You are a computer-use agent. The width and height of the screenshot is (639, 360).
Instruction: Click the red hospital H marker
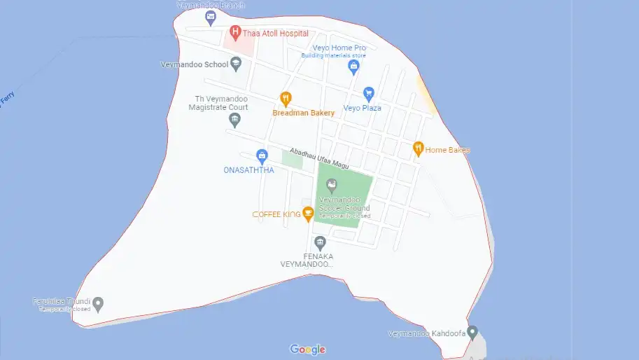(x=235, y=32)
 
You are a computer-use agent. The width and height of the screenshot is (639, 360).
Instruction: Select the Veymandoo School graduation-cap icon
(x=237, y=64)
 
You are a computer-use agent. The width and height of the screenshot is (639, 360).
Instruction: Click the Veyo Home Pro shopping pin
(x=353, y=67)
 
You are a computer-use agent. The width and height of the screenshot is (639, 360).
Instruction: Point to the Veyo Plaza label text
(x=362, y=109)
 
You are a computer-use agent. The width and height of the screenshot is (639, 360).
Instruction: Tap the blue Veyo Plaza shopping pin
(x=369, y=93)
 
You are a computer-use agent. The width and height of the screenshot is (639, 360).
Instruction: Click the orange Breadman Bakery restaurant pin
(x=285, y=98)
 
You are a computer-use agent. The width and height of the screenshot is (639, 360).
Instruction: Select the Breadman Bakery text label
(x=303, y=113)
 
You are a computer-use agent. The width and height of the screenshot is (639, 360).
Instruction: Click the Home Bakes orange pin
(x=419, y=148)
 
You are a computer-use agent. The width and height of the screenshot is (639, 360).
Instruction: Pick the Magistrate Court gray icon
(x=235, y=120)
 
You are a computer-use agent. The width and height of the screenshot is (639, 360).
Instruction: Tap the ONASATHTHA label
(x=248, y=169)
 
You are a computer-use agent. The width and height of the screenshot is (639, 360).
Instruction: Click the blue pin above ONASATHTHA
(x=262, y=155)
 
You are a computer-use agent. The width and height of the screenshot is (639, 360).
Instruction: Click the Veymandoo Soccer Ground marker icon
(x=332, y=185)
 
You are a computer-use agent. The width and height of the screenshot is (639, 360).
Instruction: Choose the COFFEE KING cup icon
(x=307, y=214)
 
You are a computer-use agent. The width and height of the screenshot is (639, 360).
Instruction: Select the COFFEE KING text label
(x=276, y=214)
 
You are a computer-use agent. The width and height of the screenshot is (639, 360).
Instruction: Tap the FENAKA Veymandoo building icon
(x=321, y=243)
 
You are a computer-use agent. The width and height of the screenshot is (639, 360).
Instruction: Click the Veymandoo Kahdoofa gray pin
(x=472, y=331)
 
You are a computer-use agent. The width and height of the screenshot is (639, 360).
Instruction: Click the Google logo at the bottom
(x=308, y=349)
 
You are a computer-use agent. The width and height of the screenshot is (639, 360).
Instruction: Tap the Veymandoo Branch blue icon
(x=211, y=16)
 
